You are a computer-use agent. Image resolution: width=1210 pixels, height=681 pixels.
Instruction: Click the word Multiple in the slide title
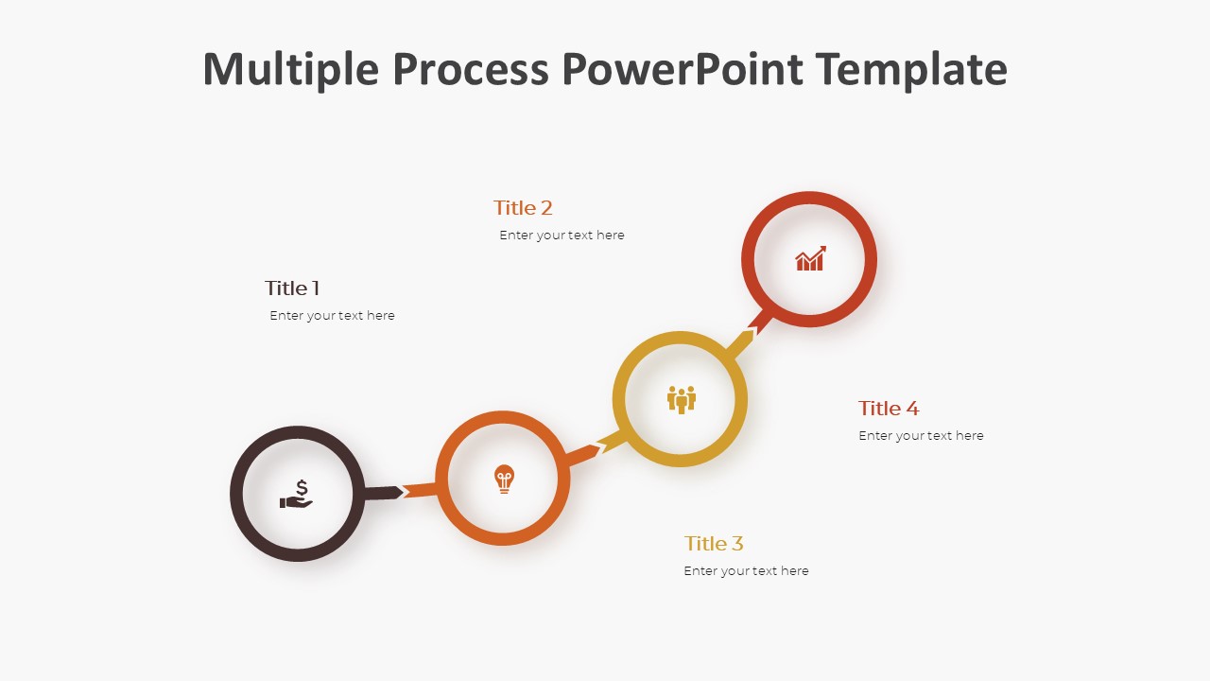pyautogui.click(x=290, y=69)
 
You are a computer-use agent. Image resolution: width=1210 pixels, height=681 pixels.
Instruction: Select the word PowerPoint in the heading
pyautogui.click(x=683, y=68)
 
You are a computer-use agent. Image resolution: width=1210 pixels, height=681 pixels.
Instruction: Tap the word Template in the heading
pyautogui.click(x=911, y=69)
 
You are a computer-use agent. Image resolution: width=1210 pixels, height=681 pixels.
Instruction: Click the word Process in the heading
pyautogui.click(x=471, y=68)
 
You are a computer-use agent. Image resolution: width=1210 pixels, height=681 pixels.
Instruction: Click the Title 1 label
pyautogui.click(x=292, y=288)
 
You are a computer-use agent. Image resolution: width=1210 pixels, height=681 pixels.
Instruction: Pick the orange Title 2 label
pyautogui.click(x=523, y=207)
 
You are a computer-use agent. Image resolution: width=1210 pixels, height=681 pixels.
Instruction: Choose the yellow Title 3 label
pyautogui.click(x=714, y=543)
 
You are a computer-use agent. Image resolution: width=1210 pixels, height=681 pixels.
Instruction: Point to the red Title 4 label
pyautogui.click(x=889, y=408)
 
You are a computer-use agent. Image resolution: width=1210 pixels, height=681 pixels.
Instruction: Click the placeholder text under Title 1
pyautogui.click(x=332, y=316)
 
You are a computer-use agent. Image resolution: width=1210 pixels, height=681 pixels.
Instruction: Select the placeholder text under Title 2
pyautogui.click(x=562, y=236)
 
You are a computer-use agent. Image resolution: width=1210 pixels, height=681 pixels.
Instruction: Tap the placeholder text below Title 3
pyautogui.click(x=746, y=570)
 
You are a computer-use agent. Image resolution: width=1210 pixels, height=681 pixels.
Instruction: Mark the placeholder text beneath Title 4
pyautogui.click(x=921, y=436)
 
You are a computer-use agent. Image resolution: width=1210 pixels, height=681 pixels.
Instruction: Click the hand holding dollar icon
pyautogui.click(x=296, y=494)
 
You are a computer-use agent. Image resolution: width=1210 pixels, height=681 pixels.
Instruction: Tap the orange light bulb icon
pyautogui.click(x=504, y=479)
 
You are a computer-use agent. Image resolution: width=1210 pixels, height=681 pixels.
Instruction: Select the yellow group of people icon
pyautogui.click(x=682, y=400)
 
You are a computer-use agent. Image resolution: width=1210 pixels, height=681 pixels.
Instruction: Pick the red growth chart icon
pyautogui.click(x=810, y=258)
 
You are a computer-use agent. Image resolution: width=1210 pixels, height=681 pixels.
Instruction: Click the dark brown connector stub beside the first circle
pyautogui.click(x=383, y=493)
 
